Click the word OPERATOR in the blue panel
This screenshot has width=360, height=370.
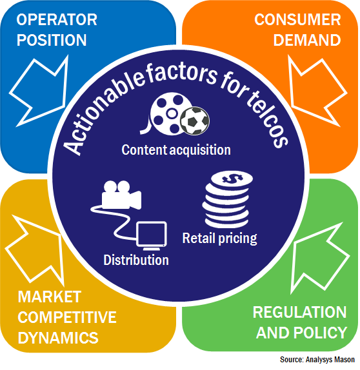pos(57,19)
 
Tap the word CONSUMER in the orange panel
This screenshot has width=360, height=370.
pos(297,19)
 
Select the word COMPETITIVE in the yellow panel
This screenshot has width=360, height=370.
pos(67,317)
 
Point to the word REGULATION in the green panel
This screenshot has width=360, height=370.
pos(300,312)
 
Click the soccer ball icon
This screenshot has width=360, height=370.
pos(195,121)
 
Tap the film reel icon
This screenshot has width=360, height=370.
pos(169,113)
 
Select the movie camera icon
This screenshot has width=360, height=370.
pos(122,195)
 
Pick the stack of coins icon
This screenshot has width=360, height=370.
pos(227,200)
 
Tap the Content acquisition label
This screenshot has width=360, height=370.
pos(176,150)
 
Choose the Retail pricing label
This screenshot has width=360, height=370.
pos(220,239)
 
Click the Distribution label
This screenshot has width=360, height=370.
pos(136,260)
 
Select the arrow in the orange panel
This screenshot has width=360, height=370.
pos(317,92)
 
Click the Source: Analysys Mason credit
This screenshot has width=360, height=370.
pos(317,360)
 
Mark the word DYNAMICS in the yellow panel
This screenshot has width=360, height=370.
pos(58,338)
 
